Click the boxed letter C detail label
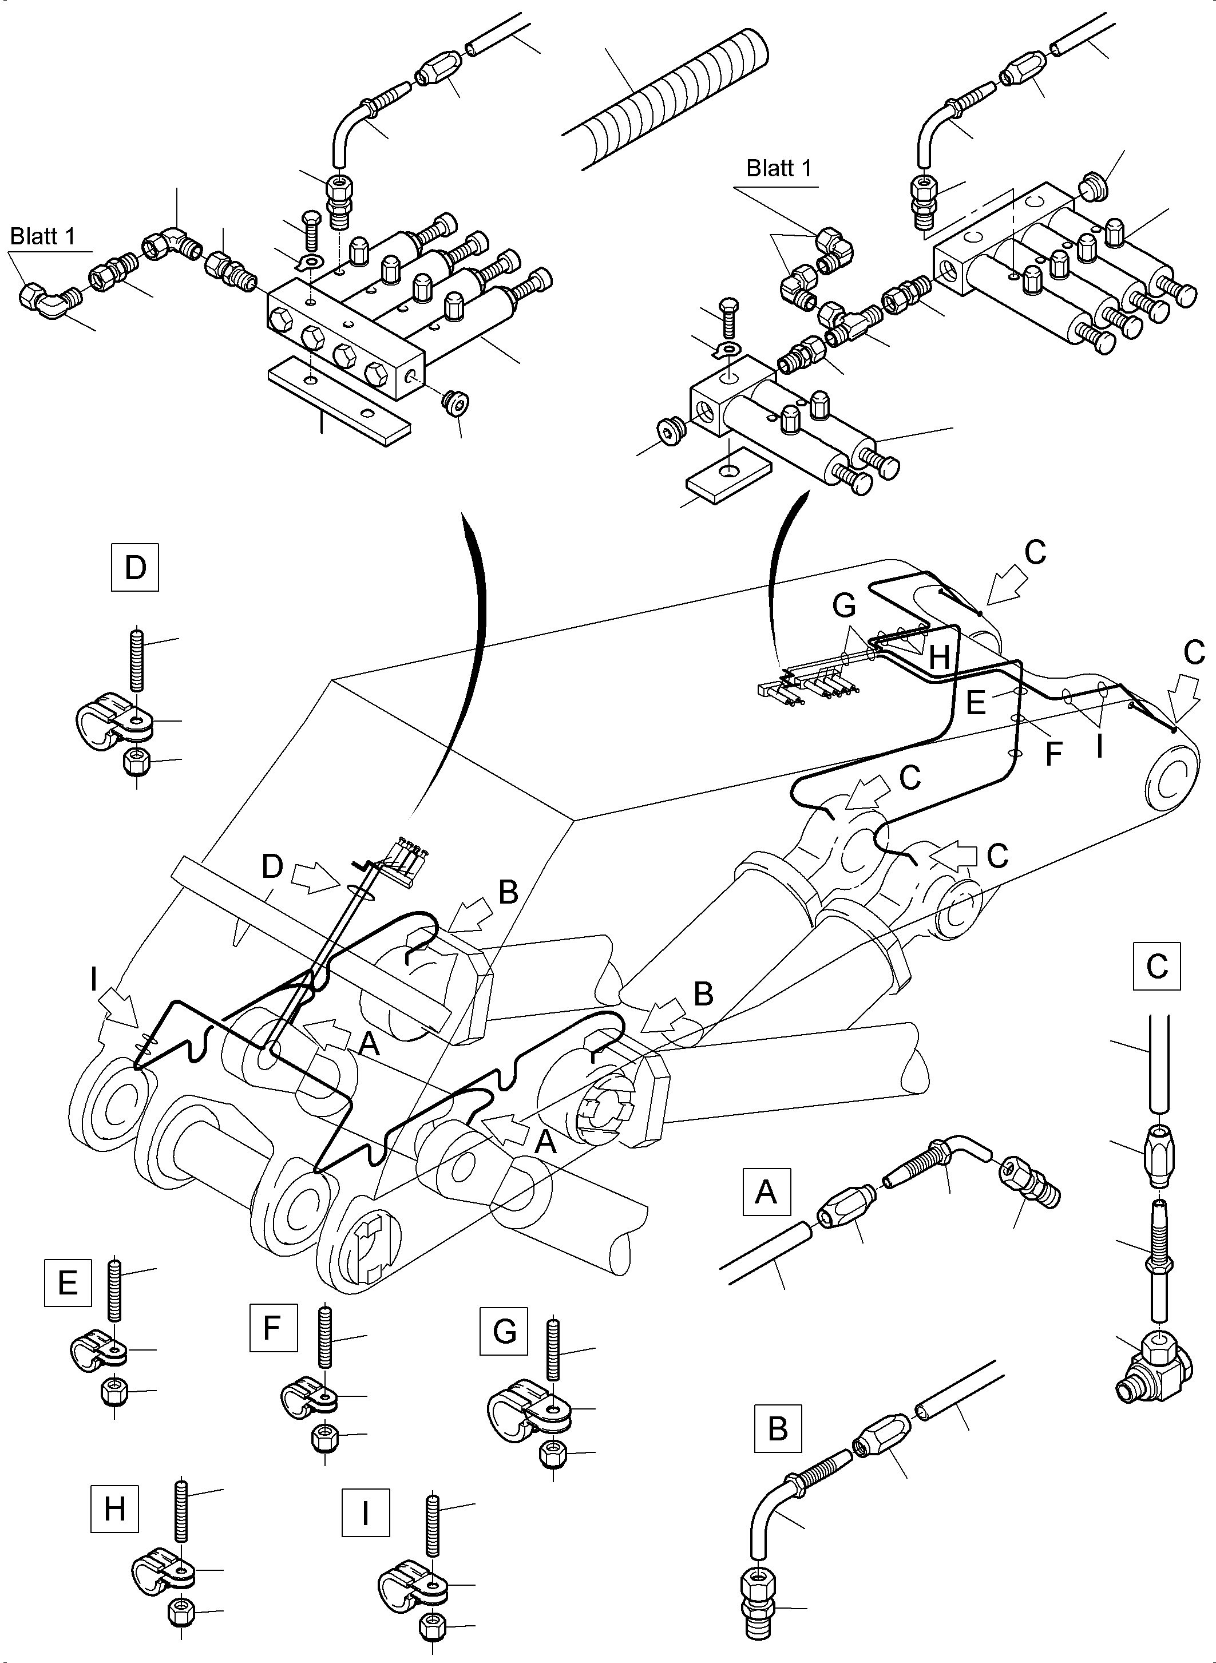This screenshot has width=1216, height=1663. [x=1156, y=965]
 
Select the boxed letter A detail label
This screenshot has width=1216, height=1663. [x=766, y=1190]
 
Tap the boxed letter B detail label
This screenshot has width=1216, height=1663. [x=777, y=1429]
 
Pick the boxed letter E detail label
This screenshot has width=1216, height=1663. [x=68, y=1282]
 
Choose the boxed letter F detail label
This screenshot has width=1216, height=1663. [x=273, y=1327]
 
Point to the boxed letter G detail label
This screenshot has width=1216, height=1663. [x=504, y=1331]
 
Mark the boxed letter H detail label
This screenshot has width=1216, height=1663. [x=115, y=1508]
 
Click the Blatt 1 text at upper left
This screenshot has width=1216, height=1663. [x=43, y=236]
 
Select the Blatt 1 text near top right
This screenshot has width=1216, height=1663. [x=779, y=169]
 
